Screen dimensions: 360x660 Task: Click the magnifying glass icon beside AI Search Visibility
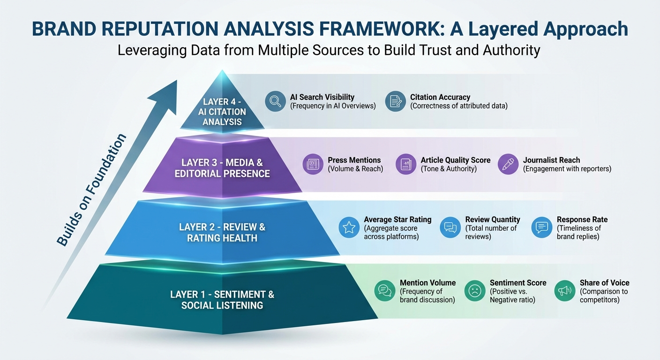275,101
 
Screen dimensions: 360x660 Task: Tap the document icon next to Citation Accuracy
395,101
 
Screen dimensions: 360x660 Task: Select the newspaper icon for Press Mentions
313,164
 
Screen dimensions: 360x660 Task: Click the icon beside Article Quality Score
405,164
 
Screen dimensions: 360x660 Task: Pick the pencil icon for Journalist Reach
508,164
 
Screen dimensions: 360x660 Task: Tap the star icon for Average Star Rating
349,228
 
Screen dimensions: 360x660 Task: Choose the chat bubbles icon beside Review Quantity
450,228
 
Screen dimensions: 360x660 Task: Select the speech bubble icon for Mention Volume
384,291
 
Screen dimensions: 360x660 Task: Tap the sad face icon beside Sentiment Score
474,291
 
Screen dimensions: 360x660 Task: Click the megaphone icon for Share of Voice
564,291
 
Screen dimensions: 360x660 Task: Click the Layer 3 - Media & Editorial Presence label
222,168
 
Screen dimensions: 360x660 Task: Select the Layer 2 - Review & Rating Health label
222,232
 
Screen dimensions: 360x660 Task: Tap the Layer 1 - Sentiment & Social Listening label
222,300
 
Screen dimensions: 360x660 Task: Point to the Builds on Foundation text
91,190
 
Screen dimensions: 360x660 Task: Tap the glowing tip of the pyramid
223,74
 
